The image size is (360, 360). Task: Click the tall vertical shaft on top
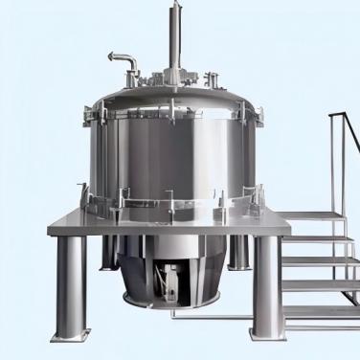click(x=176, y=34)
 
